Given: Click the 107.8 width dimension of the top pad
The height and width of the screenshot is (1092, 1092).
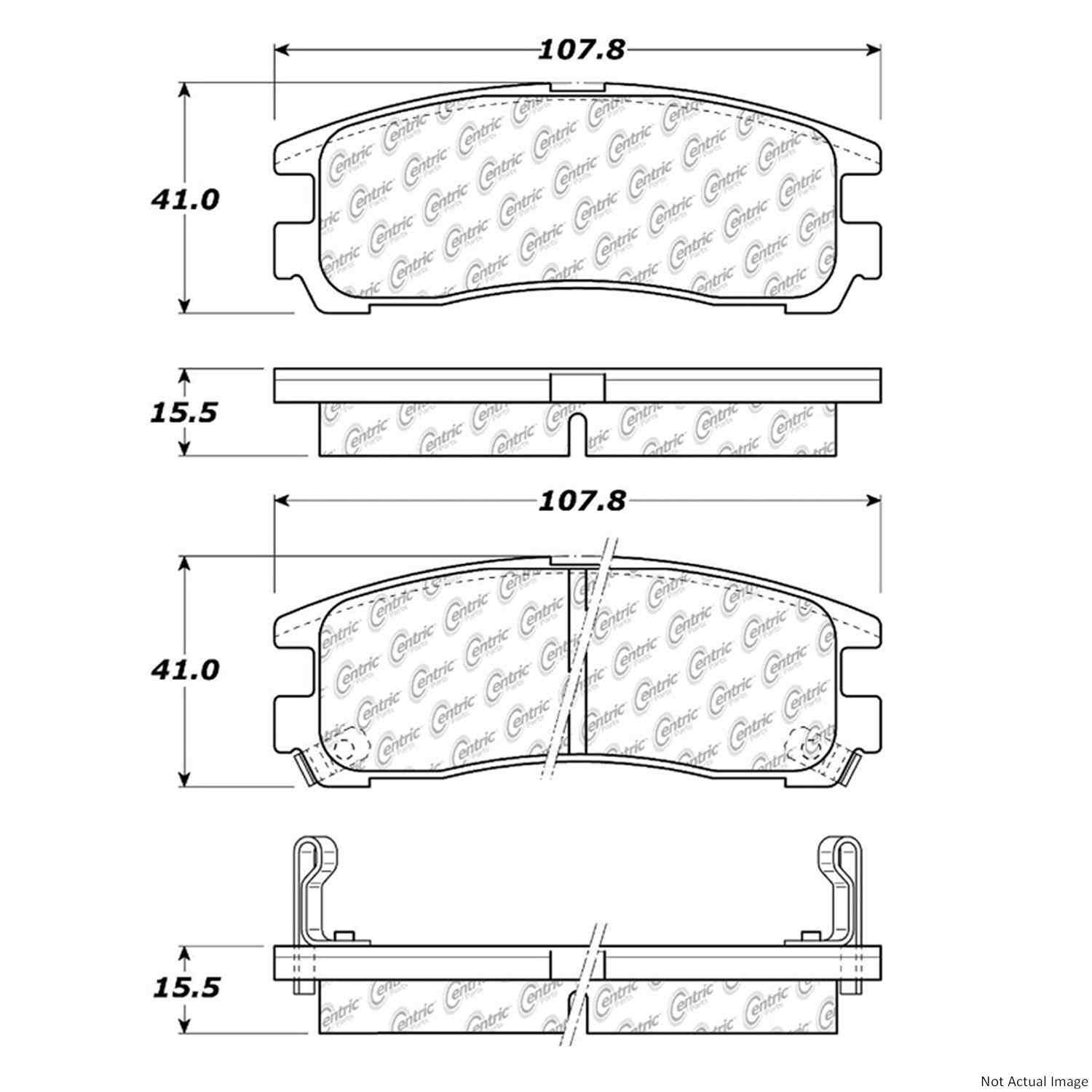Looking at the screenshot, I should pos(581,50).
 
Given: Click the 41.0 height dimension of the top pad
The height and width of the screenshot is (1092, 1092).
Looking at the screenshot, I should pos(185,199).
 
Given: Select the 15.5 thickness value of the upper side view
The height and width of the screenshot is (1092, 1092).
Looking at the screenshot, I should pos(184,413).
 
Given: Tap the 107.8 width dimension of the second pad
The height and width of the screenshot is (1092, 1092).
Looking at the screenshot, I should pos(581,501).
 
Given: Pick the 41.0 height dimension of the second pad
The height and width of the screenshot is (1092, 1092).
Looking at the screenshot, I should pos(185,670).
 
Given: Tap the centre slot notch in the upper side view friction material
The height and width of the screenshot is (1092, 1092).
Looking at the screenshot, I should pos(577,434).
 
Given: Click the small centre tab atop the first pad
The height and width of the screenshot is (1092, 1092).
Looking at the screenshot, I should pos(577,87).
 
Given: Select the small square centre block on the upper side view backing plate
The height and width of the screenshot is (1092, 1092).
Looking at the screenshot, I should pos(577,387).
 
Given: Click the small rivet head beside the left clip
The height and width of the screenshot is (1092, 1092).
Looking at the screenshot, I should pos(343,938).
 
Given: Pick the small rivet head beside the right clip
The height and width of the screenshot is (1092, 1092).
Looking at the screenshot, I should pos(812,938).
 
